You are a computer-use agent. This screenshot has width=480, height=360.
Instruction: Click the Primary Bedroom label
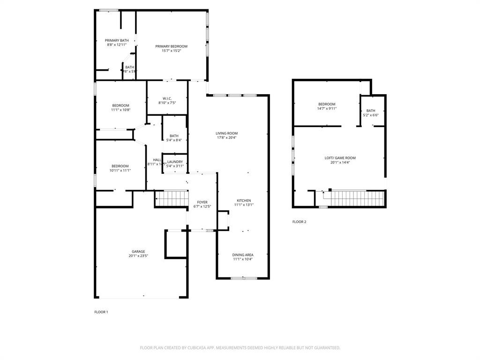[171, 46]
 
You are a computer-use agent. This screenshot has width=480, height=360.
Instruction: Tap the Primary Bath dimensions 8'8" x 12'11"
[116, 45]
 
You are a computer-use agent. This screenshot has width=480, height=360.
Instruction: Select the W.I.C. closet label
[167, 98]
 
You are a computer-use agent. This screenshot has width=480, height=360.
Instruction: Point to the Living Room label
[227, 133]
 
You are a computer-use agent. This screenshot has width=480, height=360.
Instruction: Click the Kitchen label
[243, 200]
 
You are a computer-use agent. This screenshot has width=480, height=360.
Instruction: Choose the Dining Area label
[243, 255]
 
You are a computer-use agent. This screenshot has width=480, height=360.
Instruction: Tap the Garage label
[138, 251]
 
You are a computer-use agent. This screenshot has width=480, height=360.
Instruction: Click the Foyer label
[202, 202]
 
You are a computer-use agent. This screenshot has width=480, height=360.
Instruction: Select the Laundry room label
[174, 162]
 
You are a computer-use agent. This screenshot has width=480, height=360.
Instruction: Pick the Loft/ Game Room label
[340, 158]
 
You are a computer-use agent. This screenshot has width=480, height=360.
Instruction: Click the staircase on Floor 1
[172, 199]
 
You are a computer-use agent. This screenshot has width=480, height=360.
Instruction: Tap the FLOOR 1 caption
[101, 312]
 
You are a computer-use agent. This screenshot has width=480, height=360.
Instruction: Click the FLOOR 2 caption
[299, 222]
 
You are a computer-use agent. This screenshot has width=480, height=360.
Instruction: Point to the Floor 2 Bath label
[370, 111]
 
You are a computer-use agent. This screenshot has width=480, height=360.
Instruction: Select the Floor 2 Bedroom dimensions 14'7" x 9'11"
[327, 108]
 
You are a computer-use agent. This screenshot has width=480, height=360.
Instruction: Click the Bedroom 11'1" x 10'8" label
[120, 105]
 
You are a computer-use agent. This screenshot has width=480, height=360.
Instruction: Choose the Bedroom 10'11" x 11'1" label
[120, 166]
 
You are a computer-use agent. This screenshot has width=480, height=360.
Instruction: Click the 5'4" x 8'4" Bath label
[174, 136]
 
